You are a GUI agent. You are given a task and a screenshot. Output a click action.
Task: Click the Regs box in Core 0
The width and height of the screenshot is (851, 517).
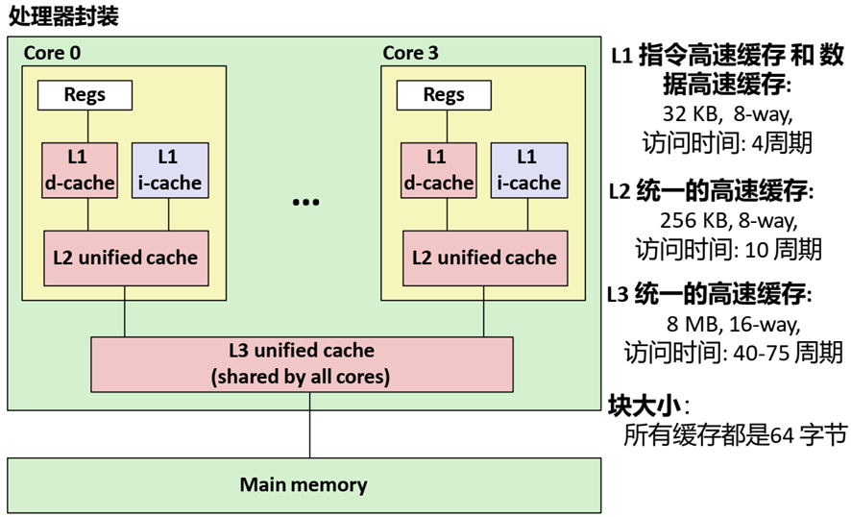pyautogui.click(x=85, y=95)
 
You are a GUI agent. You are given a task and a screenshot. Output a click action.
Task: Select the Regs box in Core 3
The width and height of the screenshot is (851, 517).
pyautogui.click(x=444, y=95)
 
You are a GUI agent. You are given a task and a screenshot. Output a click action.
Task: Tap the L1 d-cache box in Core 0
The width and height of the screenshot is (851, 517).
pyautogui.click(x=79, y=170)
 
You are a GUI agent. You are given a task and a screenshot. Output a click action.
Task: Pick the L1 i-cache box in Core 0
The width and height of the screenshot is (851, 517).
pyautogui.click(x=168, y=170)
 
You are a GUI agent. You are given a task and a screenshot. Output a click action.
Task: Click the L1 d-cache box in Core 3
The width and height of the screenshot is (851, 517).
pyautogui.click(x=438, y=170)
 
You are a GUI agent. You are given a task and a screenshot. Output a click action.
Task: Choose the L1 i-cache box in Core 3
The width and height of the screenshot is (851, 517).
pyautogui.click(x=526, y=170)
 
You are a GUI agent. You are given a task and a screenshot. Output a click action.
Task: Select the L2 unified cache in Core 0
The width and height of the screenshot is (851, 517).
pyautogui.click(x=126, y=258)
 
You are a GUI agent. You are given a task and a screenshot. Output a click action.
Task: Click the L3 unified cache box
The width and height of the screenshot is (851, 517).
pyautogui.click(x=301, y=363)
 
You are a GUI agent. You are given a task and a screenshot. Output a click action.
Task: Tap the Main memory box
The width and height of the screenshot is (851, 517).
pyautogui.click(x=304, y=484)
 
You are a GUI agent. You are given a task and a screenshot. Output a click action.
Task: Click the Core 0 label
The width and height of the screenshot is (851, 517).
pyautogui.click(x=52, y=53)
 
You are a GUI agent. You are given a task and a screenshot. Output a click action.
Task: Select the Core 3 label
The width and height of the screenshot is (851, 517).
pyautogui.click(x=411, y=53)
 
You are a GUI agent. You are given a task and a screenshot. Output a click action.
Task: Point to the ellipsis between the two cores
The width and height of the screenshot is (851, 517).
pyautogui.click(x=305, y=203)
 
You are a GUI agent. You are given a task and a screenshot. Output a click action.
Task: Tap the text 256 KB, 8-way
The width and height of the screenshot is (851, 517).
pyautogui.click(x=728, y=220)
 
